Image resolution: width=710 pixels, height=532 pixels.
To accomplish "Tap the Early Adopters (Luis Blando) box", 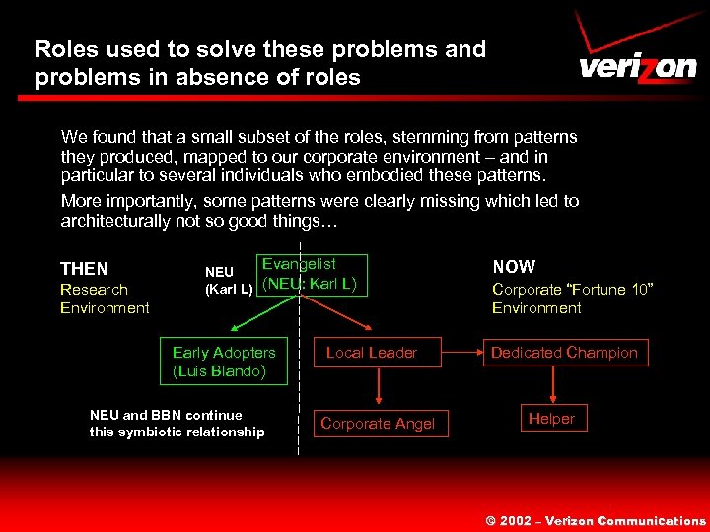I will tap(224, 362).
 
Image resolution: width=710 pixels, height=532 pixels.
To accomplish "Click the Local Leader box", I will tap(372, 353).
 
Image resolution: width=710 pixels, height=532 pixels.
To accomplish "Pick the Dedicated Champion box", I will tap(564, 353).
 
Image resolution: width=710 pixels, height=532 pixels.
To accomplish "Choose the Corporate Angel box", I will tap(378, 423).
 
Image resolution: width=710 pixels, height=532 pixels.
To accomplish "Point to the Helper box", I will tap(551, 419).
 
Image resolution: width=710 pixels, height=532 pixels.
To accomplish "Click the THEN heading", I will tap(84, 269).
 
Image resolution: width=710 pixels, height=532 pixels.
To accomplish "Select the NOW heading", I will tap(514, 267).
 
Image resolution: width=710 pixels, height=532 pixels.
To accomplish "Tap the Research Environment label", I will tap(104, 299).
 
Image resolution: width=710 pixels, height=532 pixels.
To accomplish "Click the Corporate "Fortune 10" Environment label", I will tap(573, 299).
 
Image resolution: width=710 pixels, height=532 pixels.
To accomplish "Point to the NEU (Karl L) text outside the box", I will tap(228, 280).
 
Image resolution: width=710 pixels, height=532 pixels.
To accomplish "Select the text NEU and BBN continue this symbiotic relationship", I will tap(177, 424).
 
